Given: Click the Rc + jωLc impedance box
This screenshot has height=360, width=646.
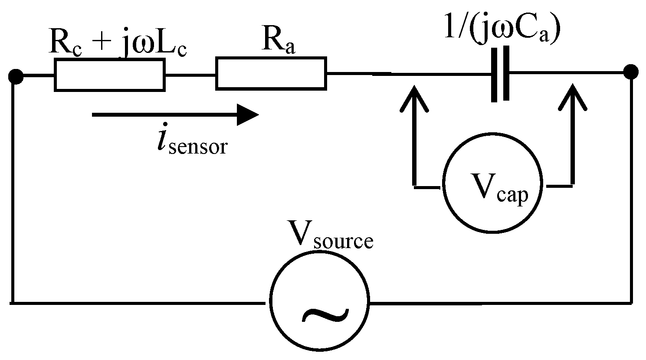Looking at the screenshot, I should (109, 75).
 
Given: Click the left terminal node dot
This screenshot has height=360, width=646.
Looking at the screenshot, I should (16, 77).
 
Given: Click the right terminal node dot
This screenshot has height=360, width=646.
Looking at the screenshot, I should (630, 72).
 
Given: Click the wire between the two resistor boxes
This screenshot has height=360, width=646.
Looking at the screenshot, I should (190, 75).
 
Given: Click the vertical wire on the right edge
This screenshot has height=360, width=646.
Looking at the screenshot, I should (631, 187).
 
